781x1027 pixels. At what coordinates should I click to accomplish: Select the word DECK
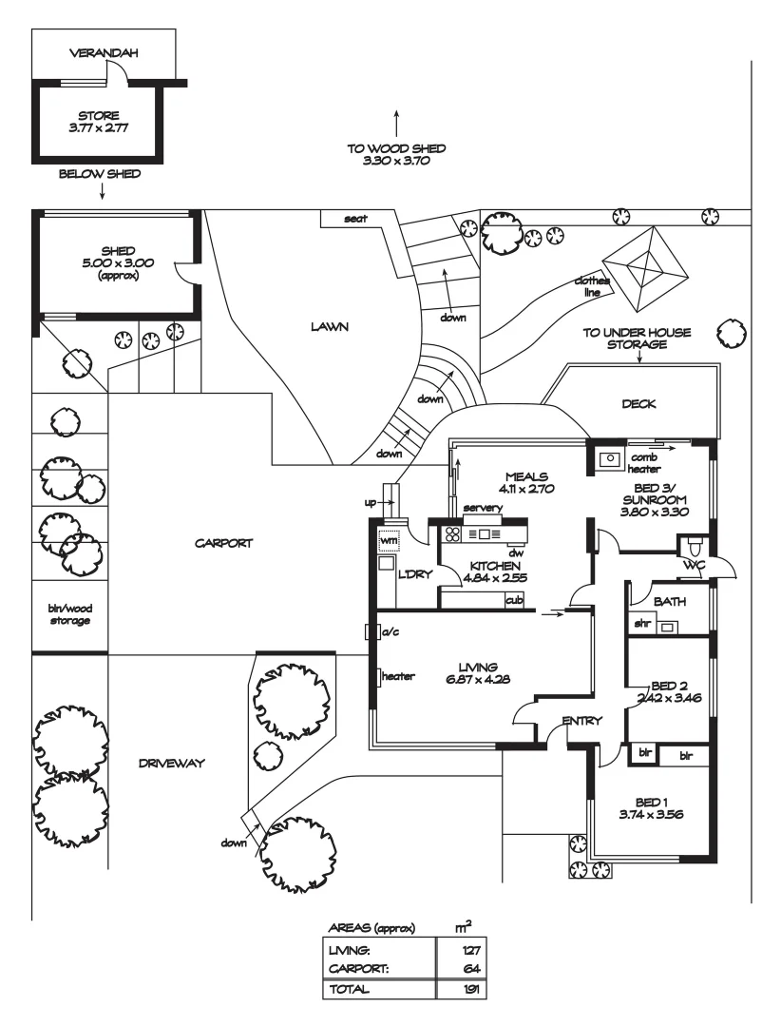(638, 404)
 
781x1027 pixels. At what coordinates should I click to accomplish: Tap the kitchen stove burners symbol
(452, 534)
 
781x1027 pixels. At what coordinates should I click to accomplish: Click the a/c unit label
(389, 631)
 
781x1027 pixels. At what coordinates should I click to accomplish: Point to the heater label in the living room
(399, 677)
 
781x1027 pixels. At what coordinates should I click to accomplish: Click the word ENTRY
(581, 721)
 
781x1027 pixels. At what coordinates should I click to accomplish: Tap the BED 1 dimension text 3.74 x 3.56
(652, 814)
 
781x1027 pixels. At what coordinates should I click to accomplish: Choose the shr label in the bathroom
(642, 625)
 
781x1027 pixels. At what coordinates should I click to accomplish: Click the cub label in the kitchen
(514, 600)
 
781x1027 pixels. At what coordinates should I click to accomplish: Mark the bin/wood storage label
(70, 614)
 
